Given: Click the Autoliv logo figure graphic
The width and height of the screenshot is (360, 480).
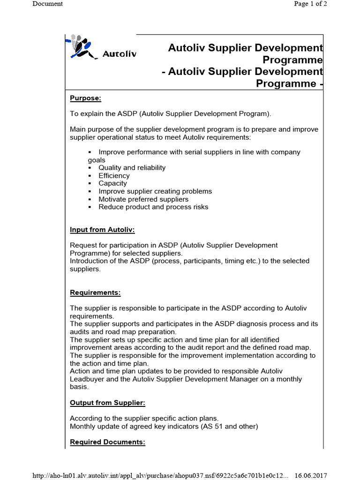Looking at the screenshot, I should tap(82, 46).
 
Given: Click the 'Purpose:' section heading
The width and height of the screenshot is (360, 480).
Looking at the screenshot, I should tap(86, 98).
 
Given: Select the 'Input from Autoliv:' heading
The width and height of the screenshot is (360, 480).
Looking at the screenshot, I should tap(102, 230).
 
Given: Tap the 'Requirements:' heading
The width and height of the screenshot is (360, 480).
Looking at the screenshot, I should tap(95, 292).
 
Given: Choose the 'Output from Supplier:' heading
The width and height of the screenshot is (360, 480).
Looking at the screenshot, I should tap(107, 403).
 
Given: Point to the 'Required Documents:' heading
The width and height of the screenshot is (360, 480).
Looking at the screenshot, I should tap(107, 442).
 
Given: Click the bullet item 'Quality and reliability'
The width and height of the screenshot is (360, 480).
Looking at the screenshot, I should tap(132, 168).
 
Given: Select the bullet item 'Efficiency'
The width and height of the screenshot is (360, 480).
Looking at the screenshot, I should tap(114, 176).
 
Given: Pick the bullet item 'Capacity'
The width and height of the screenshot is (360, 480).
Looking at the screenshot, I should tap(112, 183).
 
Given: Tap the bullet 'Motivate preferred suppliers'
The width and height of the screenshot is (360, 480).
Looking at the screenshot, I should tap(143, 199).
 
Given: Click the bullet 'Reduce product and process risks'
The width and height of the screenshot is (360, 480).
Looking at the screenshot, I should tap(153, 207).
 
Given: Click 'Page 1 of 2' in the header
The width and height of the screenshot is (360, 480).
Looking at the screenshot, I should tap(310, 4).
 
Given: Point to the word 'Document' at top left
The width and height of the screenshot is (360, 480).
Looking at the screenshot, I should tap(47, 4).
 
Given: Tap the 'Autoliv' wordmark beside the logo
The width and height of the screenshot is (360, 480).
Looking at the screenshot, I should tap(120, 54).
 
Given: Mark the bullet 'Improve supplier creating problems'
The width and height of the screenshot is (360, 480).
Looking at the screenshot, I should tap(155, 191).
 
